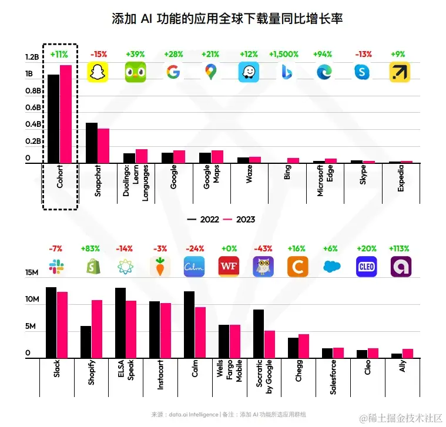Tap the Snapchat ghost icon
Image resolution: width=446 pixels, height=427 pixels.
point(98,72)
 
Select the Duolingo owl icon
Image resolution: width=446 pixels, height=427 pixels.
point(136,72)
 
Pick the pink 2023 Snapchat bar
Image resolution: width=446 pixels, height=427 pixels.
point(103,145)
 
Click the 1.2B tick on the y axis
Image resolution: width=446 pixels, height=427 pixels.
point(32,58)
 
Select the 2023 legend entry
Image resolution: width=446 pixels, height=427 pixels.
point(240,219)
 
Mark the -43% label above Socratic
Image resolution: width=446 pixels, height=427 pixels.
point(263,248)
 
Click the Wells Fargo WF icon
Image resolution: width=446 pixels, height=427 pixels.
point(228,267)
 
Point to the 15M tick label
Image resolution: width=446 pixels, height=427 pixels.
point(32,273)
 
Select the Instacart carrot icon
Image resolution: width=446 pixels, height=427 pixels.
point(159,267)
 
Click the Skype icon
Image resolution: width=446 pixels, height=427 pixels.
point(362,72)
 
